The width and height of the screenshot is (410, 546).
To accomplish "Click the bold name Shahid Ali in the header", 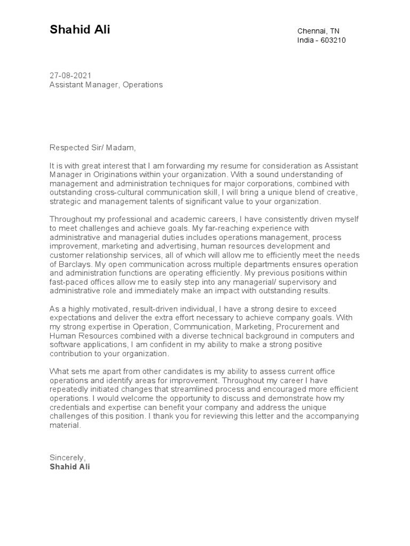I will (x=80, y=30).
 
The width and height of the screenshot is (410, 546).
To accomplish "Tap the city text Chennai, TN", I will (x=318, y=31).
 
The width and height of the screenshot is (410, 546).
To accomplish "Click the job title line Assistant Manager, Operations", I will (x=106, y=85).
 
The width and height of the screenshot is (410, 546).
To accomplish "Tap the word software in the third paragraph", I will (x=66, y=345).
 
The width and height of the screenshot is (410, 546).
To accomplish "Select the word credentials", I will (x=70, y=407).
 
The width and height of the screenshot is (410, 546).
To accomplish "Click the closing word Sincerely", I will (x=67, y=457).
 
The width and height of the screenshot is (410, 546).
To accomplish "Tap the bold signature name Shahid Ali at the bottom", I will (x=70, y=467).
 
